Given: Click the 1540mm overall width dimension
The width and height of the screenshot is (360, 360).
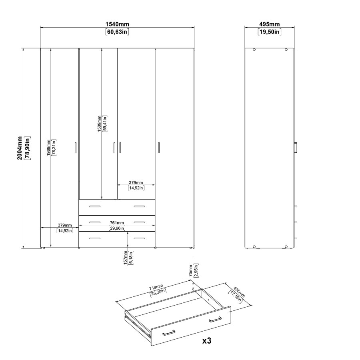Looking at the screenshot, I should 117,25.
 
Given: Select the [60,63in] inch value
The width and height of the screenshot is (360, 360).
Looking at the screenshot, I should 117,32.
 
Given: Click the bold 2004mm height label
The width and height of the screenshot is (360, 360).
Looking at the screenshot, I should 19,148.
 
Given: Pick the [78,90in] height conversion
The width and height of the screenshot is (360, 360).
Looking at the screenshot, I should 27,148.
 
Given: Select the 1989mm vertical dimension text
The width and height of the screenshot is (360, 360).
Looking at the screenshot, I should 48,148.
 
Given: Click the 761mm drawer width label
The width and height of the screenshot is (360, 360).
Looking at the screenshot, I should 117,223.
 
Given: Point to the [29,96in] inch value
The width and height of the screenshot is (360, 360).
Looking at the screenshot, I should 117,228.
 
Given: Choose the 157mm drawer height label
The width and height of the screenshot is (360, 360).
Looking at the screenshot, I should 126,258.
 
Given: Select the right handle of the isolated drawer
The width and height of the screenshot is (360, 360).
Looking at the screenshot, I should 215,319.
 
